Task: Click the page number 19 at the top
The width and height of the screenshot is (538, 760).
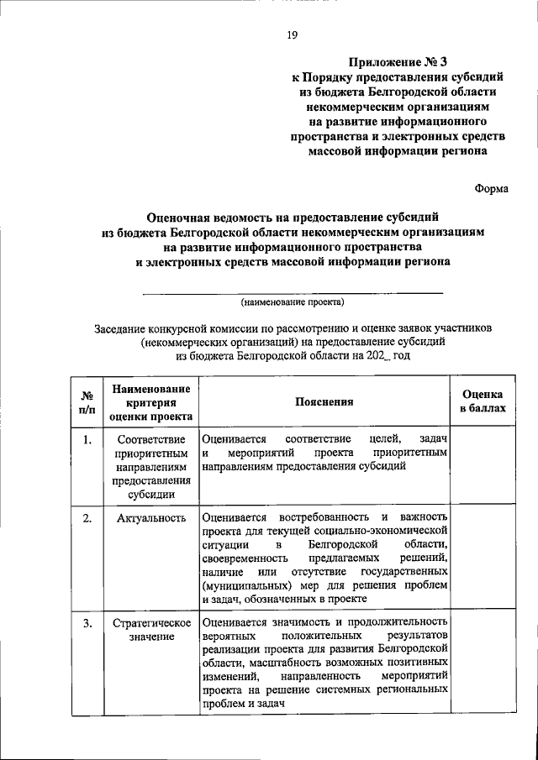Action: [x=292, y=34]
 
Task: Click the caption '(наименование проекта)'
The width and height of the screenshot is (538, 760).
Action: [x=293, y=301]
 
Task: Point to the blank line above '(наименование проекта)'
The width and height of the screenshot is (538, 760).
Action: [x=293, y=291]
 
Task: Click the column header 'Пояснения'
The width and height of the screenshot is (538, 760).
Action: [x=324, y=402]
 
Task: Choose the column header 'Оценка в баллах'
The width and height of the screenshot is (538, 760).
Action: [x=483, y=401]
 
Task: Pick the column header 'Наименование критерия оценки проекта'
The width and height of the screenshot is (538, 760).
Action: [x=151, y=401]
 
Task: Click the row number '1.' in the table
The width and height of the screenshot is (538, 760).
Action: [x=87, y=439]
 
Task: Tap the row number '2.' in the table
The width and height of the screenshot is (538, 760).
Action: [x=87, y=517]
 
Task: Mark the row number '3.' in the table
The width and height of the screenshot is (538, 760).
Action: [x=87, y=623]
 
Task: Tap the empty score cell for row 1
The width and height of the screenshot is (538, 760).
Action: [x=483, y=466]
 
